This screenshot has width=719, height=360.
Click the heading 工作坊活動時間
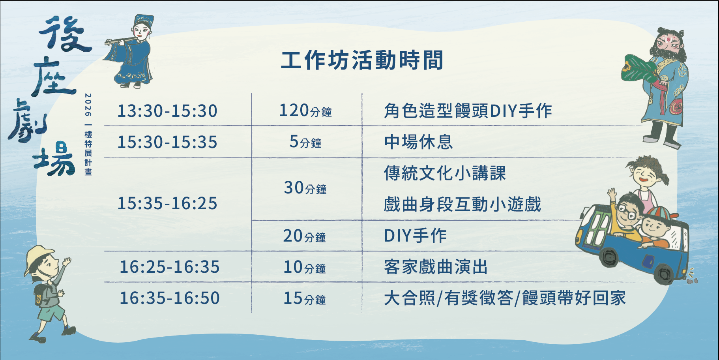coord(362,60)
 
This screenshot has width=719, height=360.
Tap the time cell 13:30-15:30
coord(167,111)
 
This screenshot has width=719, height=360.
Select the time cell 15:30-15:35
coord(167,142)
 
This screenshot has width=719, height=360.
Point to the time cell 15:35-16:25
coord(167,203)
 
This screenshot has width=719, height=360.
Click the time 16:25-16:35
coord(170,267)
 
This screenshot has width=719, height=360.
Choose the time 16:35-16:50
coord(170,298)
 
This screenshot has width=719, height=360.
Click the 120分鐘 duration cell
coord(305,111)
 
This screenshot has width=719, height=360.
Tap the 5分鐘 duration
coord(305,142)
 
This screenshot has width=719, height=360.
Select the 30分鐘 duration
coord(305,188)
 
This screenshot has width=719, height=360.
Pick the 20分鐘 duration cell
coord(305,236)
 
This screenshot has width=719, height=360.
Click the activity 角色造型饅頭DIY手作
coord(468,111)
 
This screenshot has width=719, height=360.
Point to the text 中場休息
coord(418,142)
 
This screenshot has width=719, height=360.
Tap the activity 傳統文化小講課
coord(445,173)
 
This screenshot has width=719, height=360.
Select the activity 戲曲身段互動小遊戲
coord(462,204)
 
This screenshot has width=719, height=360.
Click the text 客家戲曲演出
coord(436,267)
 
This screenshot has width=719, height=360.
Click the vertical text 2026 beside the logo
coord(88,105)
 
